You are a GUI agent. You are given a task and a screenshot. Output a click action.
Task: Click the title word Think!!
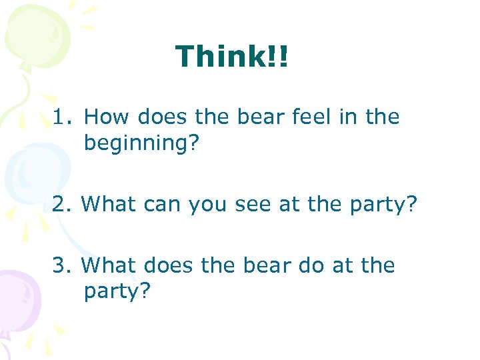232,57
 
